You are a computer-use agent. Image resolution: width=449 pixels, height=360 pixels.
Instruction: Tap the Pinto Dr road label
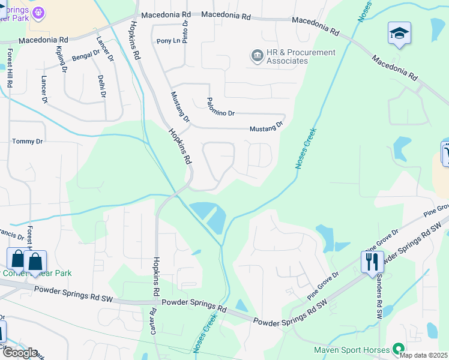coord(186,28)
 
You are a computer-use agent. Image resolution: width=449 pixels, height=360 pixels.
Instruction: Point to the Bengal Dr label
coord(86,56)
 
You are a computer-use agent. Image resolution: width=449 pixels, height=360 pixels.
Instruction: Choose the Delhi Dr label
coord(102,86)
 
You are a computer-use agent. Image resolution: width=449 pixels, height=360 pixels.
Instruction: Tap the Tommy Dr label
coord(28,142)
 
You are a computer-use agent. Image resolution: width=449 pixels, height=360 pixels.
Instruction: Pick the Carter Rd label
coord(153,322)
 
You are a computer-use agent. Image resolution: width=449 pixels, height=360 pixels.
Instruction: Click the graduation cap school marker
coord(399,34)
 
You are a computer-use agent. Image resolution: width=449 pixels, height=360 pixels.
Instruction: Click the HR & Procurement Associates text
coord(292,56)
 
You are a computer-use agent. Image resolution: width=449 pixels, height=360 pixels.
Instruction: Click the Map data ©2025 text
coord(423,355)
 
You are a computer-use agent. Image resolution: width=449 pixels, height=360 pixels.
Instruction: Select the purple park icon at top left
coord(39,12)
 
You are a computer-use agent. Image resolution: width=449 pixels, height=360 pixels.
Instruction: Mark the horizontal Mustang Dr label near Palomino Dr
coord(266,128)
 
